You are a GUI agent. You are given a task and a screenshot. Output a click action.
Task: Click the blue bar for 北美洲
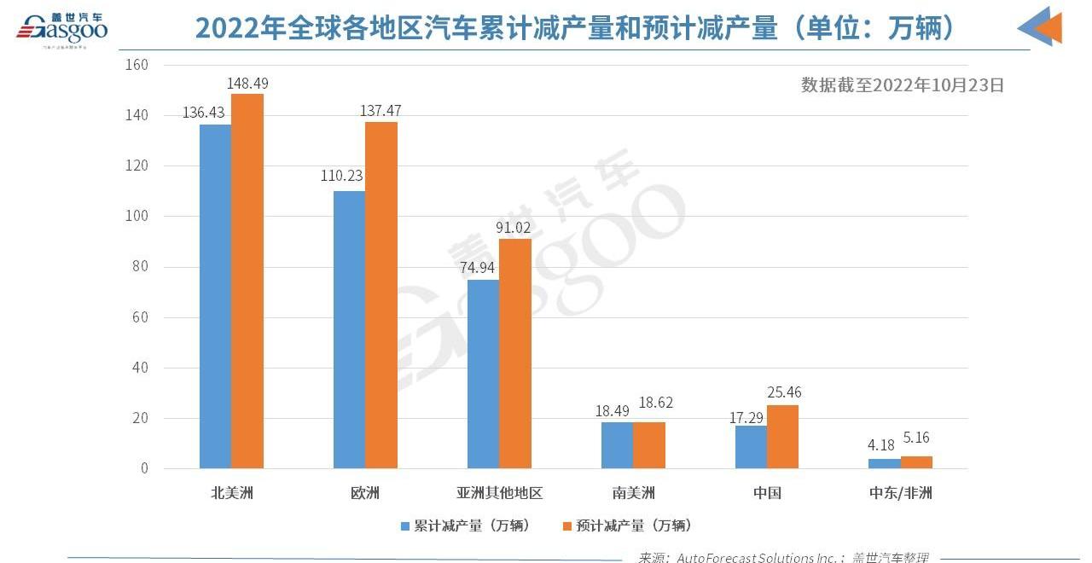pyautogui.click(x=215, y=296)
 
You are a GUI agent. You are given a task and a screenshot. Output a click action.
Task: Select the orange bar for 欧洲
pyautogui.click(x=381, y=295)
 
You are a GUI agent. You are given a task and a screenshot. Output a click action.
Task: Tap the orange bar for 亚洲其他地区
pyautogui.click(x=514, y=353)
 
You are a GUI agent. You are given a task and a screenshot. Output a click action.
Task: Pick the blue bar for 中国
pyautogui.click(x=751, y=447)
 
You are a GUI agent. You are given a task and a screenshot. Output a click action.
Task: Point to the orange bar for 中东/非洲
pyautogui.click(x=916, y=462)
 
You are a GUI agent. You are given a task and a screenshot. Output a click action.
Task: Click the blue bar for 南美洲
pyautogui.click(x=617, y=445)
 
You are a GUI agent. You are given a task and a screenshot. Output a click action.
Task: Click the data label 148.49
pyautogui.click(x=247, y=83)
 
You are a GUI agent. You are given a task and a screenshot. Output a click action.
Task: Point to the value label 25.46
pyautogui.click(x=783, y=393)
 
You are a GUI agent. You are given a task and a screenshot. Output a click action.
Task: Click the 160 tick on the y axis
pyautogui.click(x=136, y=65)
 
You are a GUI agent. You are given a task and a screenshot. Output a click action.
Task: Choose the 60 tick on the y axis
pyautogui.click(x=140, y=317)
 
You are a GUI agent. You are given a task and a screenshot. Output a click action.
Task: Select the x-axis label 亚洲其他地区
pyautogui.click(x=499, y=493)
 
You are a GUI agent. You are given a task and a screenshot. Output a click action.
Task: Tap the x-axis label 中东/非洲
pyautogui.click(x=900, y=493)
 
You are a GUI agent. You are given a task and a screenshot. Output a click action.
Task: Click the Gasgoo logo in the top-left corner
pyautogui.click(x=61, y=29)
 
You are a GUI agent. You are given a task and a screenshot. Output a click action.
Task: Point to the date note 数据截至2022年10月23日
pyautogui.click(x=903, y=84)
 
